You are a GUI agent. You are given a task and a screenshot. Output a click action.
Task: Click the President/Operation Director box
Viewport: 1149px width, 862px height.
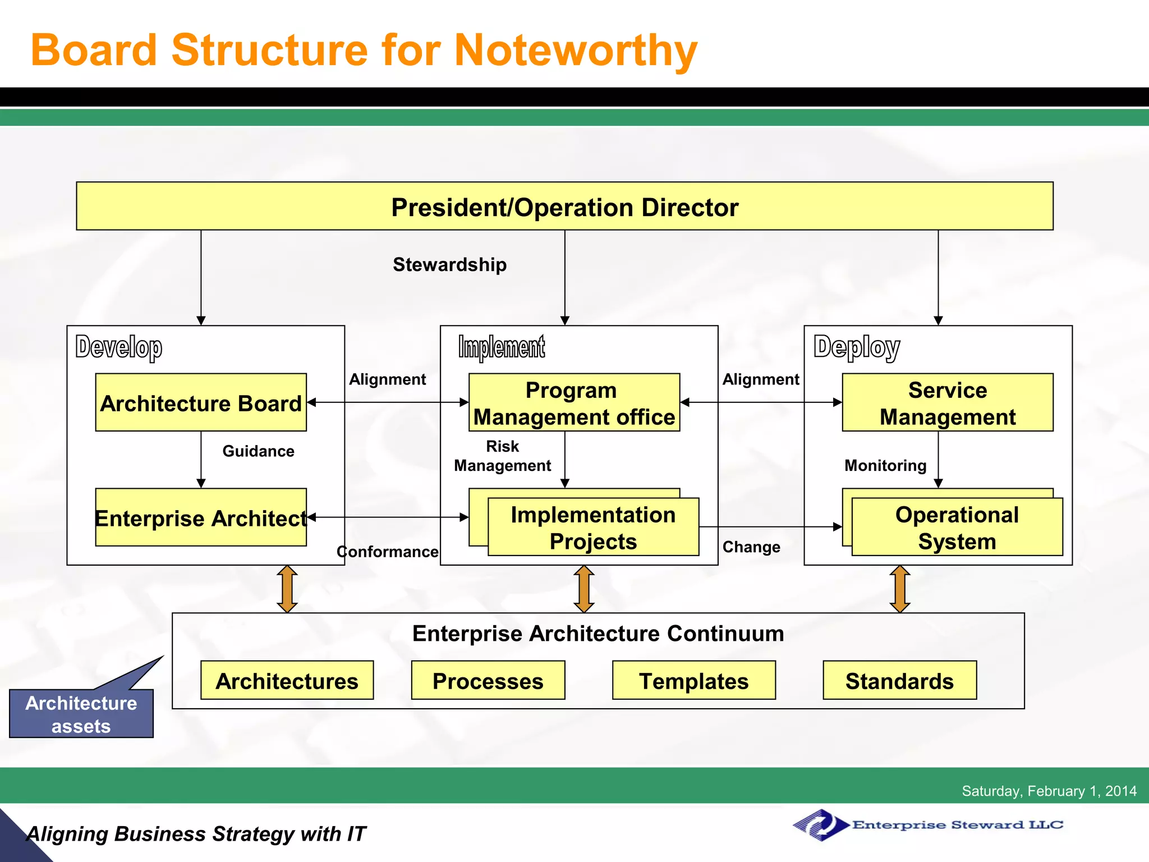(564, 206)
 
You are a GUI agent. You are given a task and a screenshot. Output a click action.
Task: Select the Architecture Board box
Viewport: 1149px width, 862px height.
(201, 402)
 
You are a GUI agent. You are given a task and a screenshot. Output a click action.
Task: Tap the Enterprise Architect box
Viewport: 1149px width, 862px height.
(201, 517)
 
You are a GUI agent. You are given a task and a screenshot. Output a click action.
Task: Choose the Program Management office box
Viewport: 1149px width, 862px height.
(574, 402)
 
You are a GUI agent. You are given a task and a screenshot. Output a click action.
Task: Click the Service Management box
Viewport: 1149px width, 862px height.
(947, 402)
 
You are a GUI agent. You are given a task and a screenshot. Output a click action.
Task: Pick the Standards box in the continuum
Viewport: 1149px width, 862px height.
(899, 680)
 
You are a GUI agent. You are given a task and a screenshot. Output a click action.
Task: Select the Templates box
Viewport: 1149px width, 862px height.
(693, 680)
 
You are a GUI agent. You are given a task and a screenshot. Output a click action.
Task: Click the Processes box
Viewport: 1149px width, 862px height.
(488, 680)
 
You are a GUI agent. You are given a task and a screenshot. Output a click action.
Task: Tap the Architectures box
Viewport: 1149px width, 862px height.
(287, 680)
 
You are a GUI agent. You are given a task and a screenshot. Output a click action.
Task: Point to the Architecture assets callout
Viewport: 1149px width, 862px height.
(81, 713)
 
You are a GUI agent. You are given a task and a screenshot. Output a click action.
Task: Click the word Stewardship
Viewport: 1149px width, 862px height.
(449, 264)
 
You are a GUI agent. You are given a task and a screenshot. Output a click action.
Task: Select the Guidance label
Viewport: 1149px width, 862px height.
(258, 451)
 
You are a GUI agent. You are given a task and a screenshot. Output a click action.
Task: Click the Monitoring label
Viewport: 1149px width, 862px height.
(885, 465)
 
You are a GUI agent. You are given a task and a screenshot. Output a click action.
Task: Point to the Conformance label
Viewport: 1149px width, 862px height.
(387, 552)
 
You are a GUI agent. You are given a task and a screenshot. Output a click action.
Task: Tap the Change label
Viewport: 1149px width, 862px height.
(751, 547)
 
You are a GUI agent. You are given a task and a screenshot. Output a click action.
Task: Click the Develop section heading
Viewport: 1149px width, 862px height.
(119, 347)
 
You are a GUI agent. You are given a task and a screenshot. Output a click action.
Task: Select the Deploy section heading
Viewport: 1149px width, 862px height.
(857, 347)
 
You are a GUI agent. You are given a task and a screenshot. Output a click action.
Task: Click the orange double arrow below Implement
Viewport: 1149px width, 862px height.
(584, 589)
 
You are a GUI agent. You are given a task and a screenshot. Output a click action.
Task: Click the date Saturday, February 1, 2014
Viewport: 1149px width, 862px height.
(1049, 791)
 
